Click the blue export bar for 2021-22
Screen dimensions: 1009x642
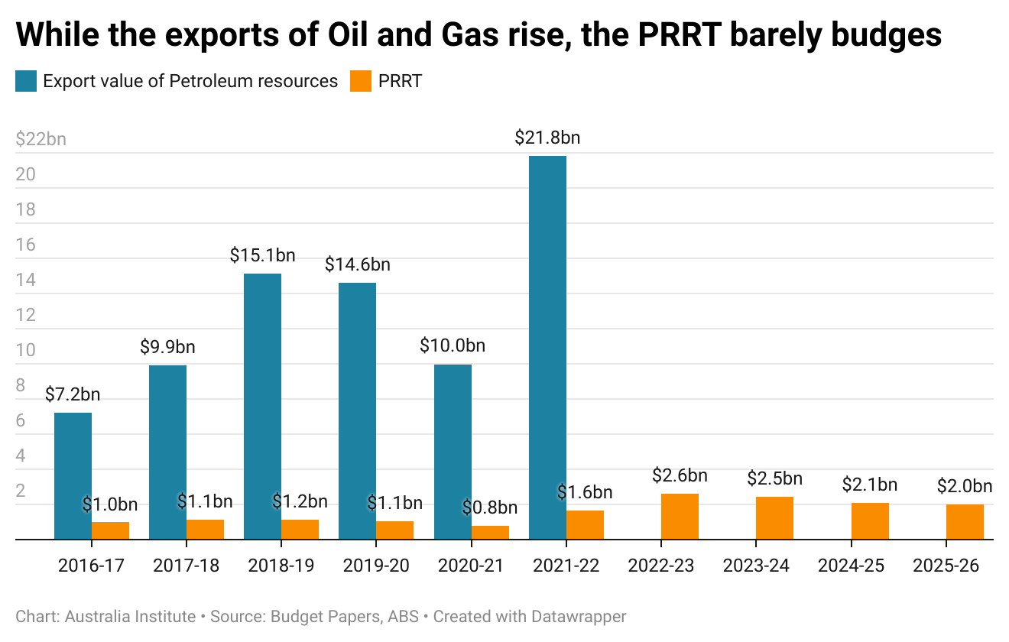click(547, 347)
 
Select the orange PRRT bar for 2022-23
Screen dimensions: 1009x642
click(680, 517)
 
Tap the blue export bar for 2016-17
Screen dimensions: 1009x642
click(73, 475)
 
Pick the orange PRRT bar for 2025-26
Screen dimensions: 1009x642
click(965, 522)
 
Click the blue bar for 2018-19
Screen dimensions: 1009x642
click(263, 407)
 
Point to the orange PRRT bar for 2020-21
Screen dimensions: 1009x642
click(490, 533)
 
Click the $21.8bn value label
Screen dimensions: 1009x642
click(547, 138)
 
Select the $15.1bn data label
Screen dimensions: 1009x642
click(263, 255)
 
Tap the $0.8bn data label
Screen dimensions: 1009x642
click(490, 507)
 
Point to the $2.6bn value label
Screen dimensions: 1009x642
click(680, 475)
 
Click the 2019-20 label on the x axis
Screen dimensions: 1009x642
click(376, 566)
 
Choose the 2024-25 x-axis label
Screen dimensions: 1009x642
click(852, 566)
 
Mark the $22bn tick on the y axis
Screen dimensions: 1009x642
click(41, 139)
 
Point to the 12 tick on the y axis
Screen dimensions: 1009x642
click(26, 315)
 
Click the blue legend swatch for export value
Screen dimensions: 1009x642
click(26, 81)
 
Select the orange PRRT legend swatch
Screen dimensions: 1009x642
click(361, 81)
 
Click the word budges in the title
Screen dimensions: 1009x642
click(887, 35)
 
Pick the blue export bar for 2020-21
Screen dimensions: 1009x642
click(453, 452)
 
